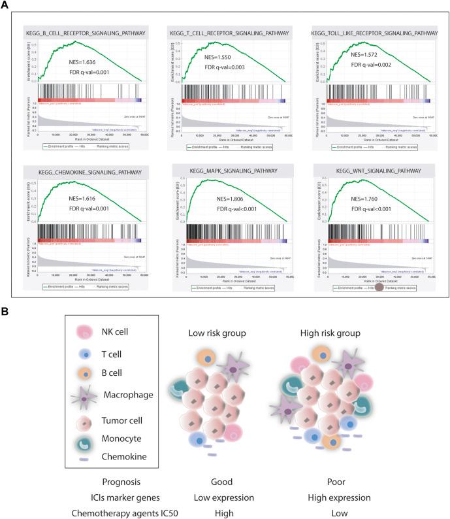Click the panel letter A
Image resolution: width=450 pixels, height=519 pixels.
(x=6, y=5)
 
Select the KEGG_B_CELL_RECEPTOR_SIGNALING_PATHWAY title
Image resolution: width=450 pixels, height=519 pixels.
(x=88, y=32)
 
